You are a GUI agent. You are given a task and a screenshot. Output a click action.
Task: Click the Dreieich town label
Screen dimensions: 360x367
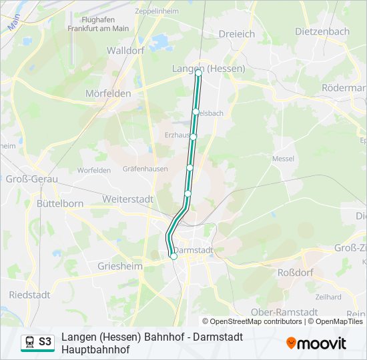pyautogui.click(x=238, y=33)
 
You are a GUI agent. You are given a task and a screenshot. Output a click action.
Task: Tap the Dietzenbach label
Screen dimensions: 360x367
pyautogui.click(x=322, y=31)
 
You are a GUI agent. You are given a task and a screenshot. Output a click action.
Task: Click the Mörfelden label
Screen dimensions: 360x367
pyautogui.click(x=108, y=93)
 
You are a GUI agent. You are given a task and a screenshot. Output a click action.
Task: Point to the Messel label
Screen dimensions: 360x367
pyautogui.click(x=284, y=159)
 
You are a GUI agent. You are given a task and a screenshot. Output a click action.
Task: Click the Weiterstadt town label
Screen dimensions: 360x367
pyautogui.click(x=127, y=199)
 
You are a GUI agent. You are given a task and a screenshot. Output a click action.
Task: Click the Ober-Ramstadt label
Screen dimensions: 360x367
pyautogui.click(x=284, y=312)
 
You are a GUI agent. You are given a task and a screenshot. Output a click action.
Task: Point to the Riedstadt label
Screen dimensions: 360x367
pyautogui.click(x=30, y=295)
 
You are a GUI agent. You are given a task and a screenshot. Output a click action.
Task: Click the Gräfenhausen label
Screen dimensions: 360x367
pyautogui.click(x=145, y=169)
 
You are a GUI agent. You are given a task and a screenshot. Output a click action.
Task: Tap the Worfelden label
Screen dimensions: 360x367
pyautogui.click(x=93, y=170)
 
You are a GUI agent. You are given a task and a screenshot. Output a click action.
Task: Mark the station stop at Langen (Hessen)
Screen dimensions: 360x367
pyautogui.click(x=199, y=73)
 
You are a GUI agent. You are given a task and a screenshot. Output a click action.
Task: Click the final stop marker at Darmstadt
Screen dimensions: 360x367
pyautogui.click(x=174, y=256)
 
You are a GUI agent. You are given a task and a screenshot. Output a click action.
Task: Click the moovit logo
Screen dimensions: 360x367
pyautogui.click(x=316, y=343)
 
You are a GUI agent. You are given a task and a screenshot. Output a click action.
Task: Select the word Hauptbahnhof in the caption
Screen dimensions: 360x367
pyautogui.click(x=95, y=349)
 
